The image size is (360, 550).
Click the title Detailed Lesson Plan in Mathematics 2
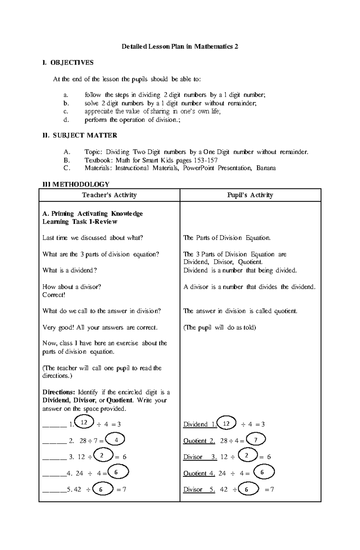(180, 46)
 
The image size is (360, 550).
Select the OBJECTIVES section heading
(72, 63)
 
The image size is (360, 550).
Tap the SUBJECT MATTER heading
(85, 135)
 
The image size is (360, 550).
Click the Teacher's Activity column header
(109, 195)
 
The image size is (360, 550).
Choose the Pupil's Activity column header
(250, 195)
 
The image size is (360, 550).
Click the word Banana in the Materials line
(266, 168)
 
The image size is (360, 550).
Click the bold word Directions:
(58, 392)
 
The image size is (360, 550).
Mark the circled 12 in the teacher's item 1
(84, 422)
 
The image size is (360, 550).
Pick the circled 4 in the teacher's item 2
(115, 440)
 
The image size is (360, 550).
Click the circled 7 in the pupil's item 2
(256, 440)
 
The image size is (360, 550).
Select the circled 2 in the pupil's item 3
(247, 456)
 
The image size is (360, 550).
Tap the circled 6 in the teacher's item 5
(101, 489)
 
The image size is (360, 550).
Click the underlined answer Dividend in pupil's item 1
(195, 424)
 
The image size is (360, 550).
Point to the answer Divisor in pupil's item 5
(193, 489)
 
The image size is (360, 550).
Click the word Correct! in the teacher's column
(54, 295)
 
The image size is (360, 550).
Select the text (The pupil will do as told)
(220, 327)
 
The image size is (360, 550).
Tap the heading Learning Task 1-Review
(80, 222)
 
